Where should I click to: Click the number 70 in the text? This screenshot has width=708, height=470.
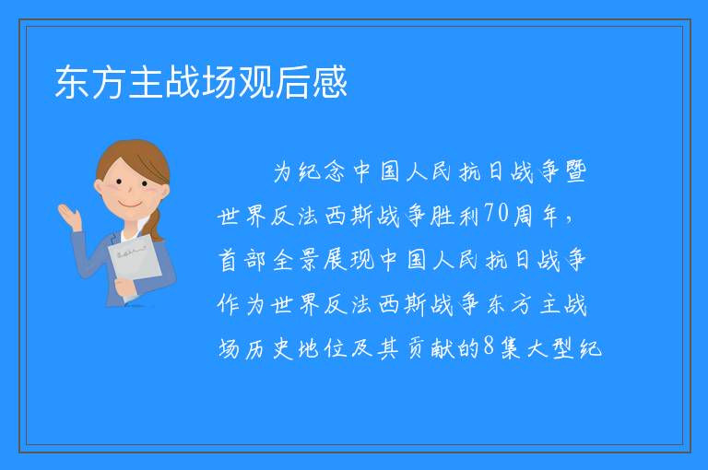coord(497,213)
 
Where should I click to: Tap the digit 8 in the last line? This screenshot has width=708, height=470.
coord(489,347)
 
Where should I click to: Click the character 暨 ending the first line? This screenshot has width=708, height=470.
coord(575,171)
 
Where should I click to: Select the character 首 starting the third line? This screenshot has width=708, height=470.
coord(229,260)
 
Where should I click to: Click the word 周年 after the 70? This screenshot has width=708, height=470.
coord(536,215)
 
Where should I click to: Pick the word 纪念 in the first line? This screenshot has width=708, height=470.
coord(322,171)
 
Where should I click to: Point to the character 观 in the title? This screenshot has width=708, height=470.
coord(256,82)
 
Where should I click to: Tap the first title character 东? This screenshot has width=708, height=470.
coord(73,82)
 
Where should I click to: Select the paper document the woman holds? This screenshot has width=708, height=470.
coord(134,264)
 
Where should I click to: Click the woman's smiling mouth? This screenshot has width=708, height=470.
coord(130,206)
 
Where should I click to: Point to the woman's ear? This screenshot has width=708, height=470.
coord(99,186)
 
